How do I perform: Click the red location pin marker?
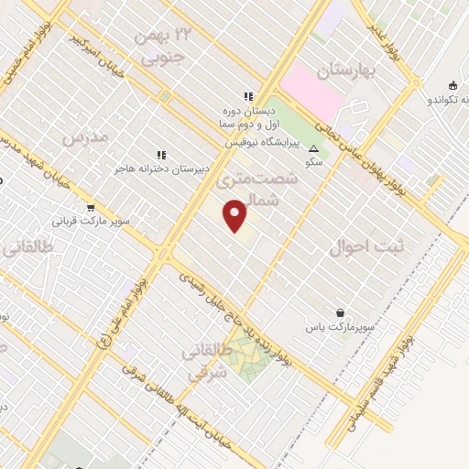click(x=235, y=215)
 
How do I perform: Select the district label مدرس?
click(x=84, y=137)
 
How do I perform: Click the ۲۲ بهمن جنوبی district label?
click(x=164, y=46)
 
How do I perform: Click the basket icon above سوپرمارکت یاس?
click(x=341, y=312)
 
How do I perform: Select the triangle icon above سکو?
click(x=314, y=147)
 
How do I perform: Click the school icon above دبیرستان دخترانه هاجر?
click(x=161, y=155)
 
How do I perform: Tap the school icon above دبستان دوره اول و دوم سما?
click(x=246, y=95)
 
